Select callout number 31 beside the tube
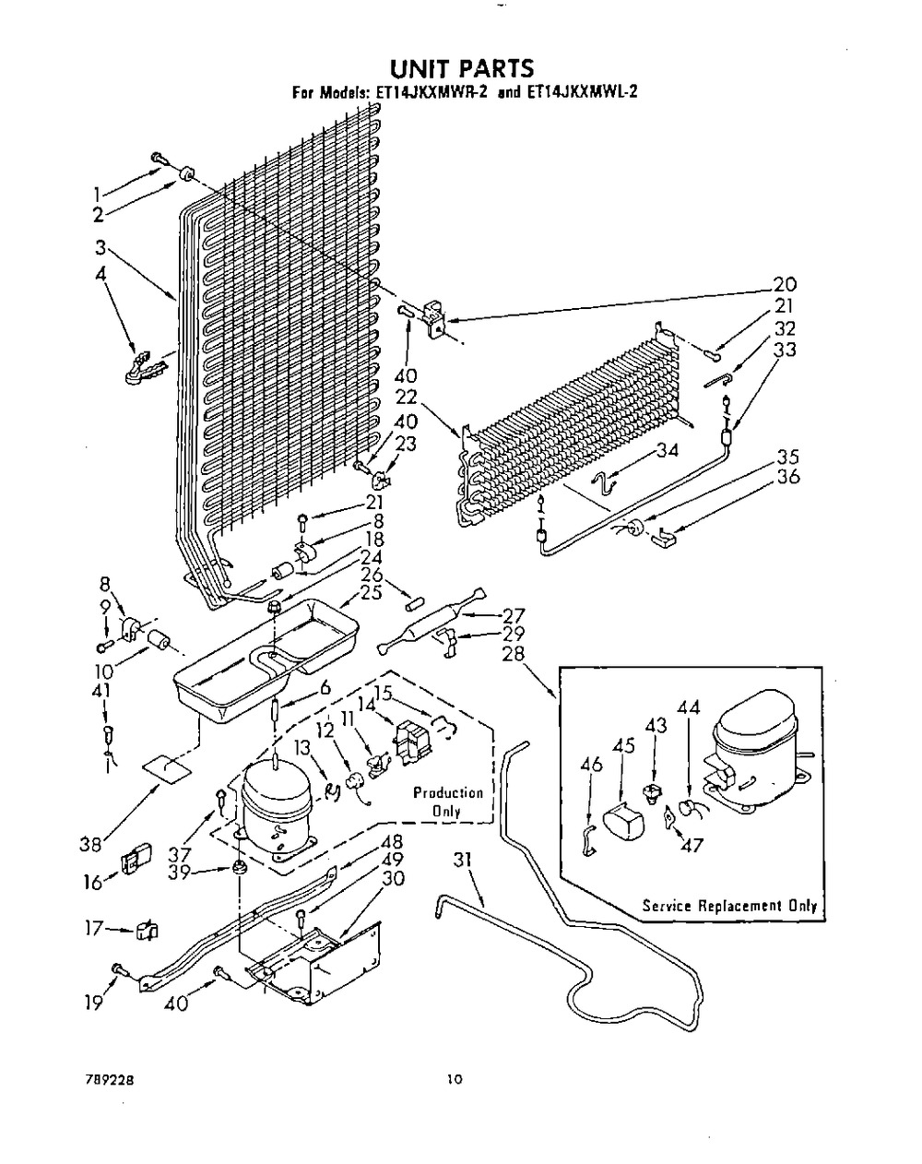tap(463, 860)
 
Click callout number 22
tap(408, 397)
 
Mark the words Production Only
tap(448, 802)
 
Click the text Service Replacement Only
tap(729, 906)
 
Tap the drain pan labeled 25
tap(258, 655)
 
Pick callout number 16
tap(89, 884)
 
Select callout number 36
tap(787, 477)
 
